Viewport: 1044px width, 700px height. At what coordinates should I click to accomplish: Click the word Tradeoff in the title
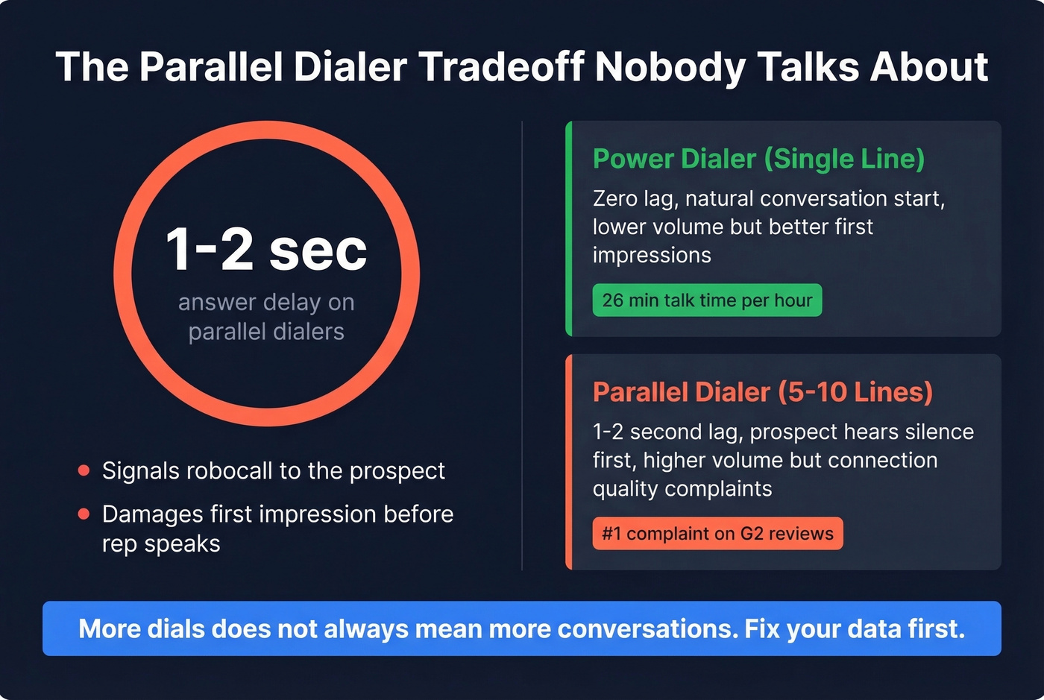(x=501, y=67)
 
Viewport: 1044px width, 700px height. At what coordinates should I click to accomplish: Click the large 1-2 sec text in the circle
(x=266, y=249)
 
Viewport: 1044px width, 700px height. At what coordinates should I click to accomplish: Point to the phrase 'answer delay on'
(x=266, y=302)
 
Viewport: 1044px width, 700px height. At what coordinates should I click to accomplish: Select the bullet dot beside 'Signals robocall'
(x=84, y=470)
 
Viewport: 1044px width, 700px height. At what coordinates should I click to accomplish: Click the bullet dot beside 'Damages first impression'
(x=84, y=514)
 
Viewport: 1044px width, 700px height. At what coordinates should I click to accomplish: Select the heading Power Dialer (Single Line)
(x=758, y=159)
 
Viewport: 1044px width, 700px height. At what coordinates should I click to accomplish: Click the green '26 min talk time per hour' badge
(x=707, y=300)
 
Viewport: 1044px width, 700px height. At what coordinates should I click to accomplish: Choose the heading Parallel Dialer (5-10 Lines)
(x=762, y=392)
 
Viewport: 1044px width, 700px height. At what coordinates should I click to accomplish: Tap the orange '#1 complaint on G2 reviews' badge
(x=717, y=533)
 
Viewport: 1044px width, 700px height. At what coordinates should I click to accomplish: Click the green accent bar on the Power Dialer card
(x=569, y=228)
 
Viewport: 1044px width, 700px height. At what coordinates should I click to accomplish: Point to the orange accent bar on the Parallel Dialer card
(x=569, y=462)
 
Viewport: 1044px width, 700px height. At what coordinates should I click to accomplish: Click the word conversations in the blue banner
(x=648, y=628)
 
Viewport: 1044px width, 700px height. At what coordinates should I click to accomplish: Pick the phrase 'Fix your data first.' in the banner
(x=855, y=628)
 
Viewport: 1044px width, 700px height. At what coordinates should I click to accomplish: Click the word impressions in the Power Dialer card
(x=652, y=255)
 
